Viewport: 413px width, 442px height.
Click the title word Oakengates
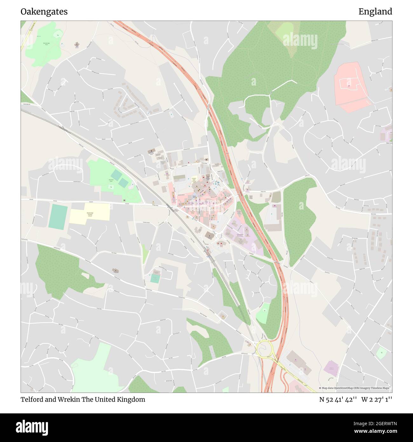tap(44, 12)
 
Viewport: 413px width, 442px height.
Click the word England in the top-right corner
tap(375, 12)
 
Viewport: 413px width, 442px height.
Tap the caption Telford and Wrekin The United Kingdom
tap(83, 399)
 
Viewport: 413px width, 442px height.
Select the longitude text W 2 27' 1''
tap(377, 399)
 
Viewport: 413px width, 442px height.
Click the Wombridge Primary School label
tap(90, 214)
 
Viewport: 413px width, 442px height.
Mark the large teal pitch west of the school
tap(58, 217)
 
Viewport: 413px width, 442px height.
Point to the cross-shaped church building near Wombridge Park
tap(77, 45)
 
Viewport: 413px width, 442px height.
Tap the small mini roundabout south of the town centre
tap(219, 236)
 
